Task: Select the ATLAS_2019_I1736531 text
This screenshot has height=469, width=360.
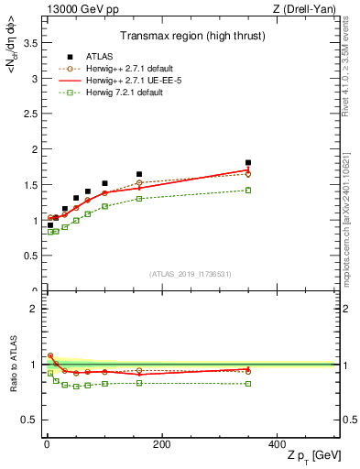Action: pos(191,274)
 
